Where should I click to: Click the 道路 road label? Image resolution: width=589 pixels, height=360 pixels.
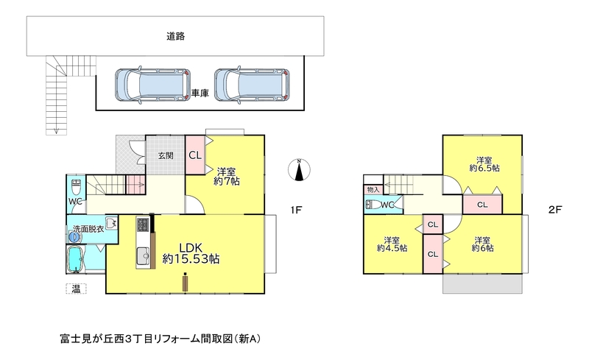pos(175,37)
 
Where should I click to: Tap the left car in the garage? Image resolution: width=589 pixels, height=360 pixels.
pos(152,85)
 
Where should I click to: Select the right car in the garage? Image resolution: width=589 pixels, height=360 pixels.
pos(252,85)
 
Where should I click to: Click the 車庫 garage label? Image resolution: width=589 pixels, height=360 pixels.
pos(200,93)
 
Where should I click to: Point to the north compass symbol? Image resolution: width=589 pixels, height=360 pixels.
pos(299,170)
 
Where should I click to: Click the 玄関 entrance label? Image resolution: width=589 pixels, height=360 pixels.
pos(165,155)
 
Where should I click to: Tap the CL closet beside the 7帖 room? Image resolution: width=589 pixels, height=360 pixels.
pos(195,155)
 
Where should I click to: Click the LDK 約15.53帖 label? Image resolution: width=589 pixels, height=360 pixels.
pos(191,253)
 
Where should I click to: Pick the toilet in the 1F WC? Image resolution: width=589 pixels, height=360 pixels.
pos(77,186)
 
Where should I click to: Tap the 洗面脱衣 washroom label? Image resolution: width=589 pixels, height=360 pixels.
pos(88,228)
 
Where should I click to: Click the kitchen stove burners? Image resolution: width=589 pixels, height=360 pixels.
pos(143,225)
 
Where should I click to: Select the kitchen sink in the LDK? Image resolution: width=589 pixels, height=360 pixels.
pos(143,256)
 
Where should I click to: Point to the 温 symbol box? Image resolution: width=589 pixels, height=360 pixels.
pos(77,289)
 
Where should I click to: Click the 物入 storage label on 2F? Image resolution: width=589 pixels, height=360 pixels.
pos(373,190)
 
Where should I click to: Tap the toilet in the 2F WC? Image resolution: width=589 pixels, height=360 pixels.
pos(373,205)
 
